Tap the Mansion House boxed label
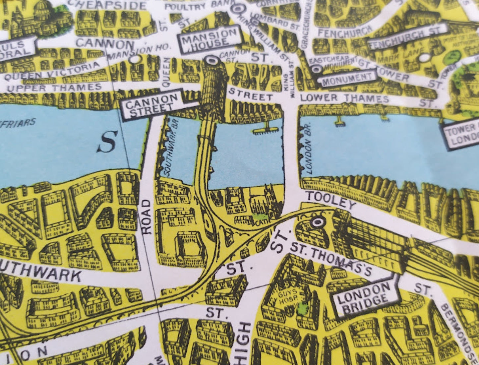coord(210,40)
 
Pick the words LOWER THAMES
coord(344,98)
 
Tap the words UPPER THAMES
coord(54,88)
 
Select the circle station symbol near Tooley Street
coord(318,222)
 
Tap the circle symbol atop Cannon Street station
coord(211,61)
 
